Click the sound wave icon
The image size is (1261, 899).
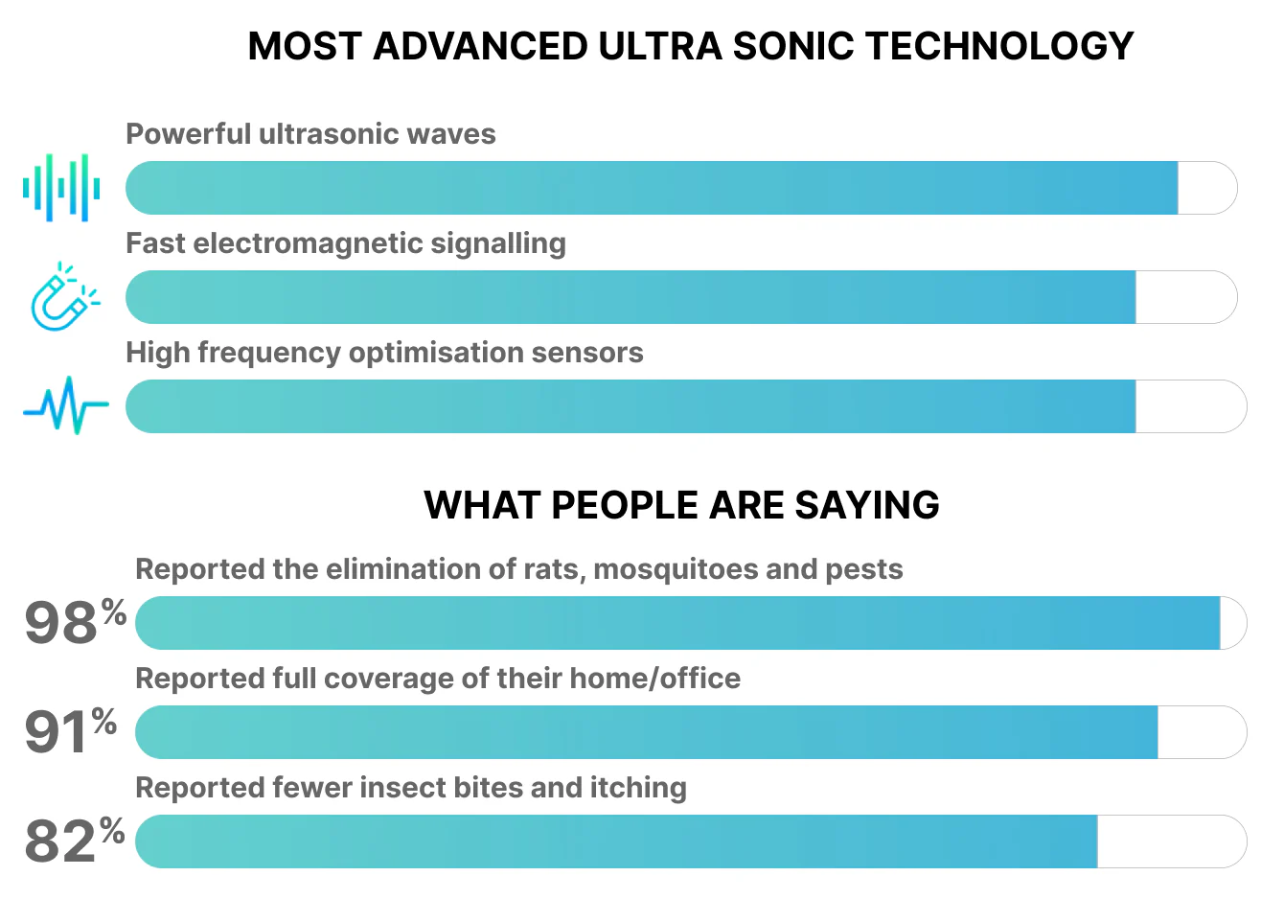62,188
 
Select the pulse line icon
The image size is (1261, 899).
65,405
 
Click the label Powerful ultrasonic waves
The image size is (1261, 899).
310,134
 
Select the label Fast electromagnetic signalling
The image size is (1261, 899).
345,243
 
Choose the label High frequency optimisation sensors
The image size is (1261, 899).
384,353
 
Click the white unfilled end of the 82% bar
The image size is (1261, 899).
1169,841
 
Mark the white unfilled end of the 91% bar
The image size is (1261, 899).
1200,732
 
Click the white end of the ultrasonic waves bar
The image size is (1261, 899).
1205,188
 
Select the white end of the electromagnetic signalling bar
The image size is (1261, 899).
1184,297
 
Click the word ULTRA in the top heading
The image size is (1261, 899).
659,46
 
